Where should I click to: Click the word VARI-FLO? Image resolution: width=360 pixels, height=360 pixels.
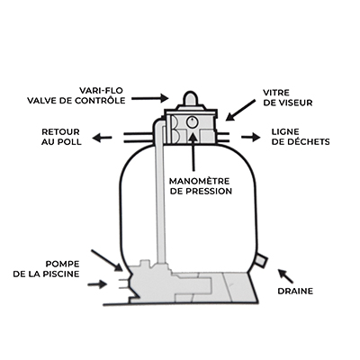click(x=101, y=90)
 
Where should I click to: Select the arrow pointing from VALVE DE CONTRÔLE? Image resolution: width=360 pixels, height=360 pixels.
click(x=149, y=98)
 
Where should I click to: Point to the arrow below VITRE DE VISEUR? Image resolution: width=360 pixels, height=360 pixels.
click(x=240, y=111)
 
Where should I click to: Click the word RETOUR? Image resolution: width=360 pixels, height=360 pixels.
click(x=60, y=131)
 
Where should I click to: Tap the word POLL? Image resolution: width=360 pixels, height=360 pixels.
click(x=70, y=142)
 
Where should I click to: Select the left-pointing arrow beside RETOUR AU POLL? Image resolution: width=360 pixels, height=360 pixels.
click(x=102, y=138)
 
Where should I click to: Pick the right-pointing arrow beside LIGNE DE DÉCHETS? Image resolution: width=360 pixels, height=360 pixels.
click(x=250, y=137)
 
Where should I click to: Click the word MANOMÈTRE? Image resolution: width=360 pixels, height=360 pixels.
click(x=199, y=181)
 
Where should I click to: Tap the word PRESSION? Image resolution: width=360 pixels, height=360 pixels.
click(x=208, y=191)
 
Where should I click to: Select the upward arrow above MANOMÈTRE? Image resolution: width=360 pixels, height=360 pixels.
click(x=193, y=151)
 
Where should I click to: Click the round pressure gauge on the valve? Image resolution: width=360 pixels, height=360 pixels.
click(x=191, y=122)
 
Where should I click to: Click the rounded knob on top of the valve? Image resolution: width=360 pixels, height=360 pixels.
click(x=190, y=98)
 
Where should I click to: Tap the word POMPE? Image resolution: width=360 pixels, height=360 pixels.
click(x=62, y=265)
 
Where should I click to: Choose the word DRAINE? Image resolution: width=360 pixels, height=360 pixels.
click(x=295, y=291)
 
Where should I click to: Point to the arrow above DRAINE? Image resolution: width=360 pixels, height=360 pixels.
click(x=285, y=276)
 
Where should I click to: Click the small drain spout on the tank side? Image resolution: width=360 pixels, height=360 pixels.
click(x=261, y=260)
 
